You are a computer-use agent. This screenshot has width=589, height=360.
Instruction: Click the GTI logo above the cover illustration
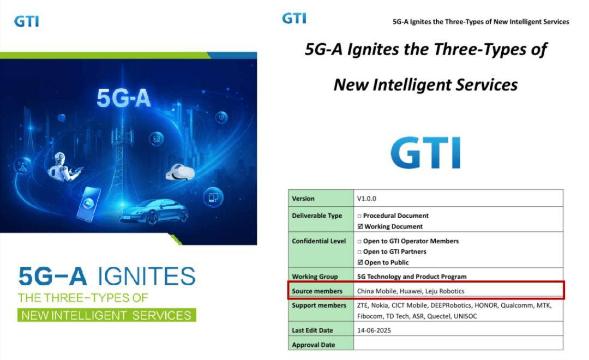tap(26, 21)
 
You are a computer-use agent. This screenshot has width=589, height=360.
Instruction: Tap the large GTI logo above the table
tap(425, 153)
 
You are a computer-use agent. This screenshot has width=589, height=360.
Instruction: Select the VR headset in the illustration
tap(180, 172)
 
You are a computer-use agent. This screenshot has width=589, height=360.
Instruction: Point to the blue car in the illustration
tap(154, 212)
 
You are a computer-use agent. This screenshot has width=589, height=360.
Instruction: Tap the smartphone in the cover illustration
tap(89, 203)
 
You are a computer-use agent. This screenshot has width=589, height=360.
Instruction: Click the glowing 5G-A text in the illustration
tap(124, 98)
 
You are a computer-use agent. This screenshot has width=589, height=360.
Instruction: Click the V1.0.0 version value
tap(366, 199)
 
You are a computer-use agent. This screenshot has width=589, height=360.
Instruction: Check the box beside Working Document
tap(360, 226)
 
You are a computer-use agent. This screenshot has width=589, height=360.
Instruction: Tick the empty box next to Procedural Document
tap(359, 216)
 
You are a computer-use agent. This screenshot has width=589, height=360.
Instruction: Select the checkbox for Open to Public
tap(360, 262)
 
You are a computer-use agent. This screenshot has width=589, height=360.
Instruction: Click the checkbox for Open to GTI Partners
tap(359, 252)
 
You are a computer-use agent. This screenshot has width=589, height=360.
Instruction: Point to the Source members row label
tap(317, 291)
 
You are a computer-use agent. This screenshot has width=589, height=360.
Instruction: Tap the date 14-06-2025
tap(374, 331)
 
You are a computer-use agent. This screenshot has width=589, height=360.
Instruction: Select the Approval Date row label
tap(313, 345)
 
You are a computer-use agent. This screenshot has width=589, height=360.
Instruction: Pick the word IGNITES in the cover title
tap(147, 276)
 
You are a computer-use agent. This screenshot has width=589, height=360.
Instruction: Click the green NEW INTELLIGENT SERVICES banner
tap(107, 315)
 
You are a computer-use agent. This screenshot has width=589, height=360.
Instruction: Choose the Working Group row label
tap(315, 277)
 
